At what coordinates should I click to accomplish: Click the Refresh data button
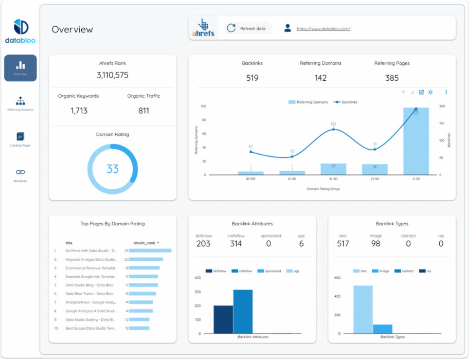[x=247, y=28]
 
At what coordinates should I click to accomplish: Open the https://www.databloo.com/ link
[x=323, y=29]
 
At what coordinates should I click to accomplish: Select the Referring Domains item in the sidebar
[x=21, y=103]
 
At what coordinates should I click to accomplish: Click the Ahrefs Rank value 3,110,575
[x=112, y=75]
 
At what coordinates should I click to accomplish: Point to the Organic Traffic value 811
[x=143, y=111]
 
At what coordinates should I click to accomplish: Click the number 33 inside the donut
[x=112, y=169]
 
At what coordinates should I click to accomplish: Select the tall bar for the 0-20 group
[x=416, y=141]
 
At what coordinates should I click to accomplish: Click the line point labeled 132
[x=333, y=129]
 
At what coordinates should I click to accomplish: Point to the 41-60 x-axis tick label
[x=333, y=179]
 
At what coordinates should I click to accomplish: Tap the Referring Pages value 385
[x=392, y=78]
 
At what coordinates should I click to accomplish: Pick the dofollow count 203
[x=203, y=244]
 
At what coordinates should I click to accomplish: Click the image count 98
[x=375, y=244]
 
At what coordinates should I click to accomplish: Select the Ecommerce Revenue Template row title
[x=91, y=268]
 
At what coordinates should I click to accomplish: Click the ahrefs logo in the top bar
[x=203, y=28]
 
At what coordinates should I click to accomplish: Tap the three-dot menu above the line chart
[x=446, y=93]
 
